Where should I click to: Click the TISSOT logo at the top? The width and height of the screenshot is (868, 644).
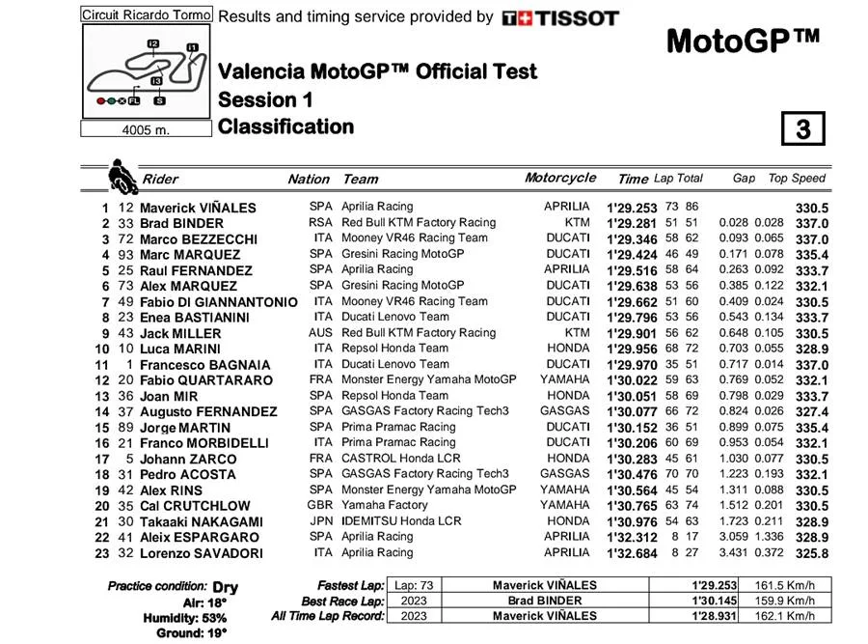(x=559, y=17)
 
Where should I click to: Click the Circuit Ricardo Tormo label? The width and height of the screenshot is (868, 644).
(x=145, y=15)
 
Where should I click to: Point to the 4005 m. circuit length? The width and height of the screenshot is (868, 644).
(x=145, y=130)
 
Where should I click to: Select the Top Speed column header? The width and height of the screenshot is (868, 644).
(x=797, y=179)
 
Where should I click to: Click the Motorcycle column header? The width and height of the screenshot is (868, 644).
(x=560, y=178)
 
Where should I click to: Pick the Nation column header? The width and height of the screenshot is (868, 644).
(x=309, y=179)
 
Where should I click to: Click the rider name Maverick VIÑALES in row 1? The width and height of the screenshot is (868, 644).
(x=198, y=208)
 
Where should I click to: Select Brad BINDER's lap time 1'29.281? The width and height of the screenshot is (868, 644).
(x=632, y=223)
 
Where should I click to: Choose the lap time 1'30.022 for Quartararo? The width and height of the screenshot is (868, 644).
(x=632, y=380)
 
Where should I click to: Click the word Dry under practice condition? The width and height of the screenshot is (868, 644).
(x=226, y=587)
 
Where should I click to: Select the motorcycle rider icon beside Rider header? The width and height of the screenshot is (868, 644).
(x=122, y=177)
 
